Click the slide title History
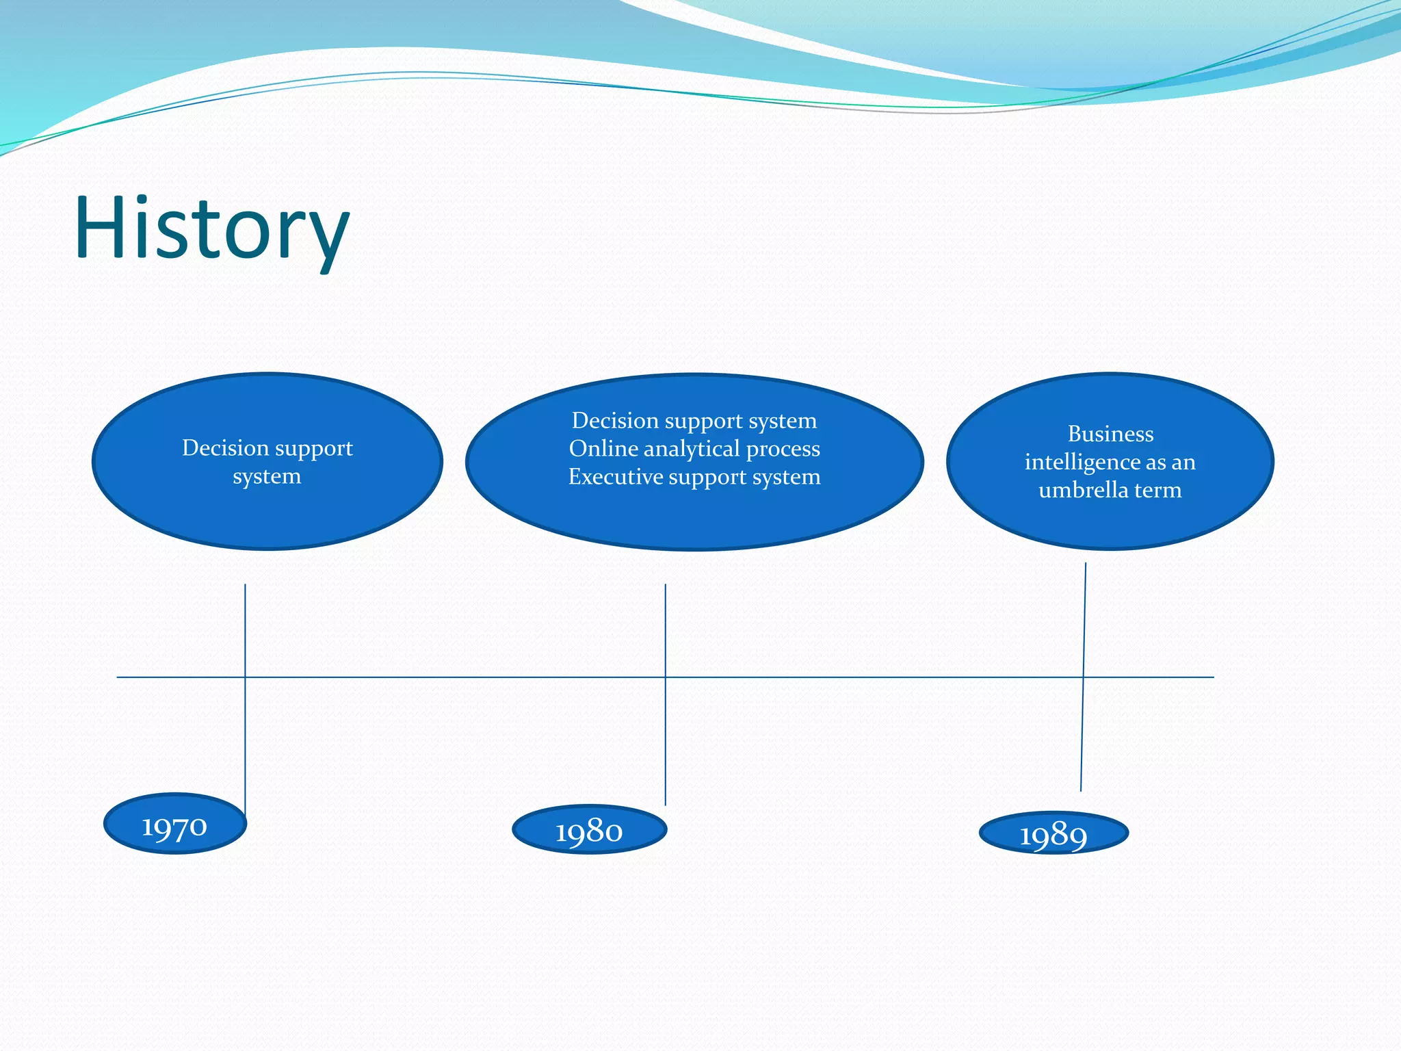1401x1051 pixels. (212, 229)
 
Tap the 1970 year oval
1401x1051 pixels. (175, 825)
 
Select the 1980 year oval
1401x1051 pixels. (589, 830)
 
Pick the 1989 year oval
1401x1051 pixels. (1053, 833)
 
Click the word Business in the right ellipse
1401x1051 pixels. (1110, 434)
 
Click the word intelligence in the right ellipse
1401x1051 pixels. (1082, 462)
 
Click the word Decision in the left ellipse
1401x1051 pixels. (225, 447)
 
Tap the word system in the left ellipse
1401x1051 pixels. (267, 476)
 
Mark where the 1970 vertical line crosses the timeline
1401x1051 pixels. (245, 677)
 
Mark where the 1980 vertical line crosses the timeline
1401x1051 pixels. (665, 677)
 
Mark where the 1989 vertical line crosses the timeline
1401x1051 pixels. (1084, 677)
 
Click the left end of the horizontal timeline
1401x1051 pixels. (118, 677)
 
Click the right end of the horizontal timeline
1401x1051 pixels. (1213, 677)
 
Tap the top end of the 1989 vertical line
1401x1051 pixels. (1086, 565)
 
